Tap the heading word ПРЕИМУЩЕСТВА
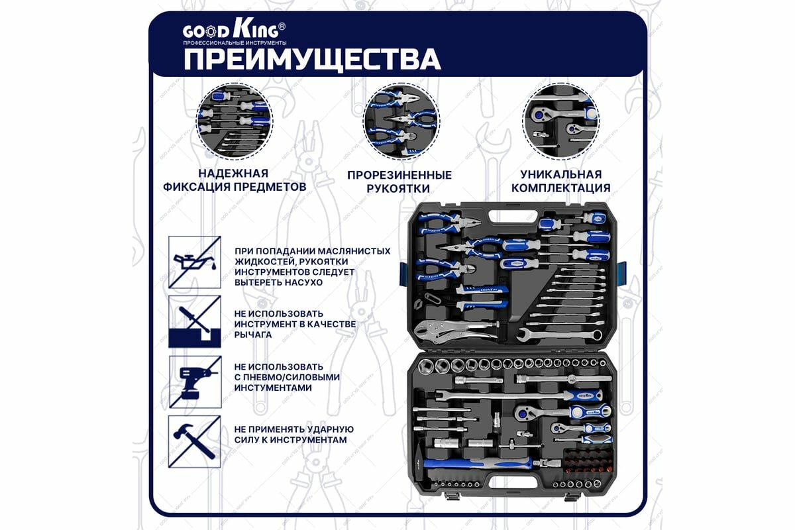click(x=311, y=59)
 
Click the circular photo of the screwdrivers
click(x=235, y=123)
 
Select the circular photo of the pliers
click(x=400, y=123)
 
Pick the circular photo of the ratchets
click(x=561, y=123)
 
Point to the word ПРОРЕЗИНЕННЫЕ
click(x=400, y=176)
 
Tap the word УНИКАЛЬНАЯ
click(x=561, y=174)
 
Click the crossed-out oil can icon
click(x=194, y=262)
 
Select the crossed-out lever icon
click(x=194, y=321)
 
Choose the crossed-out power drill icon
click(x=194, y=382)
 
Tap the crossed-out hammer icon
click(x=194, y=441)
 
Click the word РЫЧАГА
click(x=252, y=335)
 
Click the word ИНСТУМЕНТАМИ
click(x=273, y=388)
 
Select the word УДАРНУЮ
click(x=327, y=429)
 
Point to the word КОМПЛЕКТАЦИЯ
click(x=561, y=188)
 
